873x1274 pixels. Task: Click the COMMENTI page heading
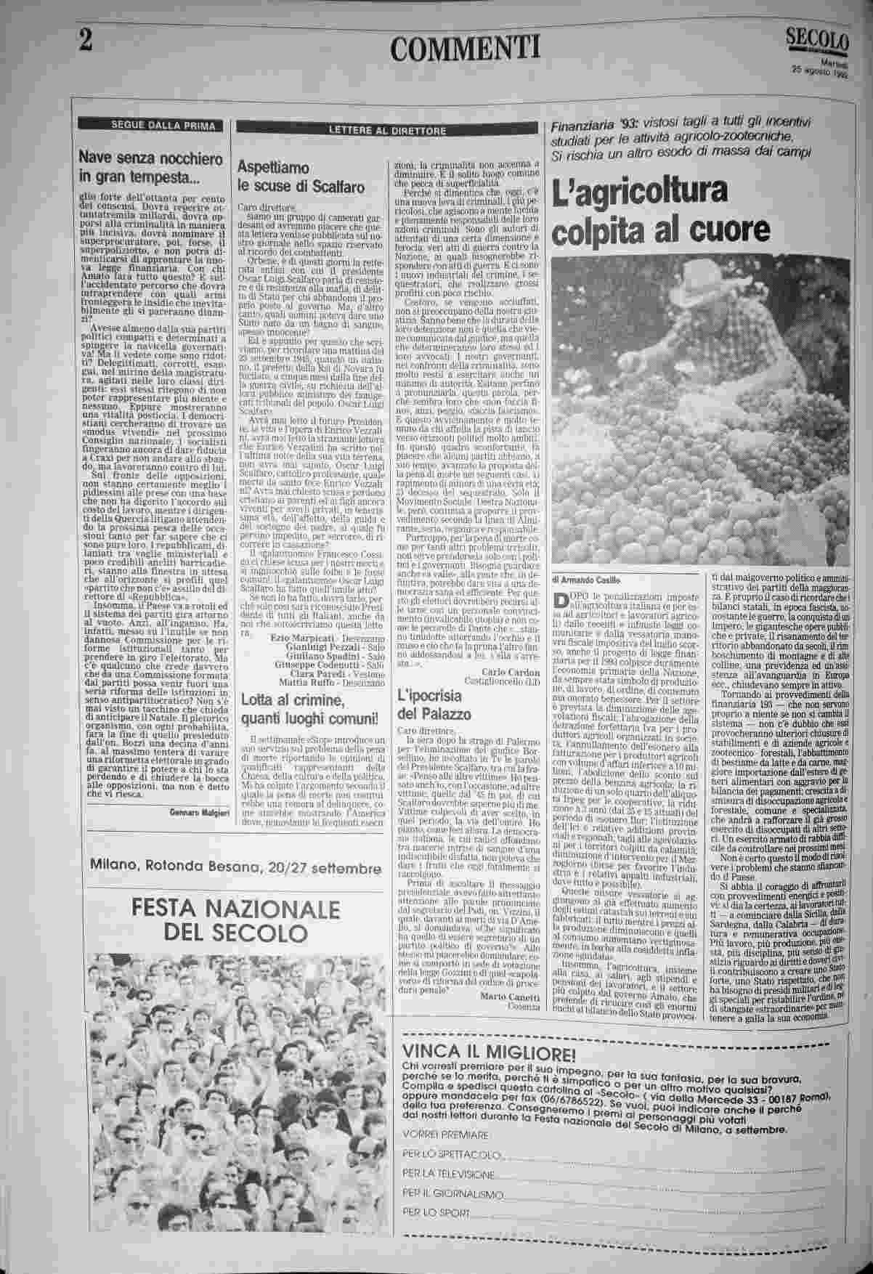click(465, 49)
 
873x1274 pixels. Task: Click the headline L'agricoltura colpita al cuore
click(659, 211)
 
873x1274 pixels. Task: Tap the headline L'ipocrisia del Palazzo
click(434, 704)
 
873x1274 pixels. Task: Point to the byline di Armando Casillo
click(590, 580)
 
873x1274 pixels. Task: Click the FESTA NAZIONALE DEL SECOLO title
click(236, 920)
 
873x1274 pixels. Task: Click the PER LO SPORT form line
click(436, 1212)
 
